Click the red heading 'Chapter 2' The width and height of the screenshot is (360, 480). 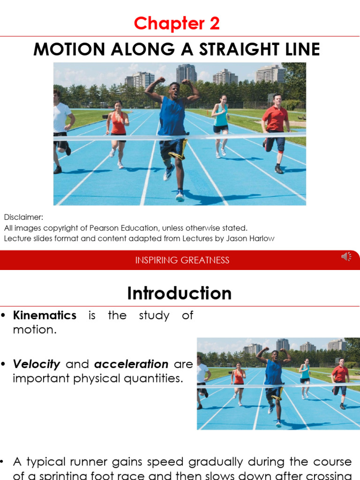[177, 23]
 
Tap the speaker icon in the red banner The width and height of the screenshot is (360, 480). [346, 256]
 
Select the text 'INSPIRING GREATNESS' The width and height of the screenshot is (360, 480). [182, 260]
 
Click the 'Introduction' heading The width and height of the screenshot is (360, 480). [180, 293]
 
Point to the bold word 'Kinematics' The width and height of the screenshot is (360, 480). [45, 315]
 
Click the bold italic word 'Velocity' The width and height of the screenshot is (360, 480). [37, 364]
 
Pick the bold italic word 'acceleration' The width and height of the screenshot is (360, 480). [131, 364]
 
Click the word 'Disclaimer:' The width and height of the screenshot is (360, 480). [23, 217]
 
